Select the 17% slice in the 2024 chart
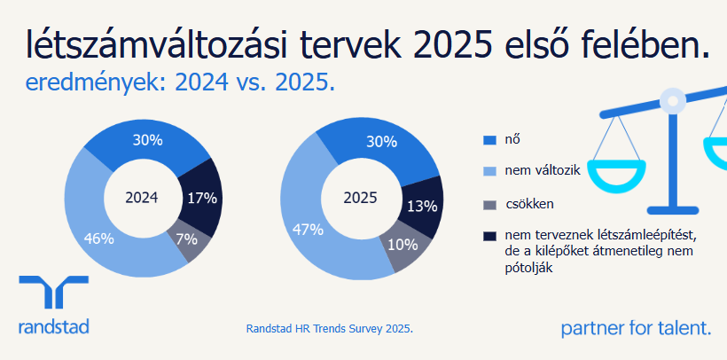coord(201,198)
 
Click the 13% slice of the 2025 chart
coord(422,206)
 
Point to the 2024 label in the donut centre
coord(142,198)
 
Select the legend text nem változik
coord(543,170)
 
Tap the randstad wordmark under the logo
coord(53,328)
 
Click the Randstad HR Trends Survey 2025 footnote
coord(329,329)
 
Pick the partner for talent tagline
coord(636,329)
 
